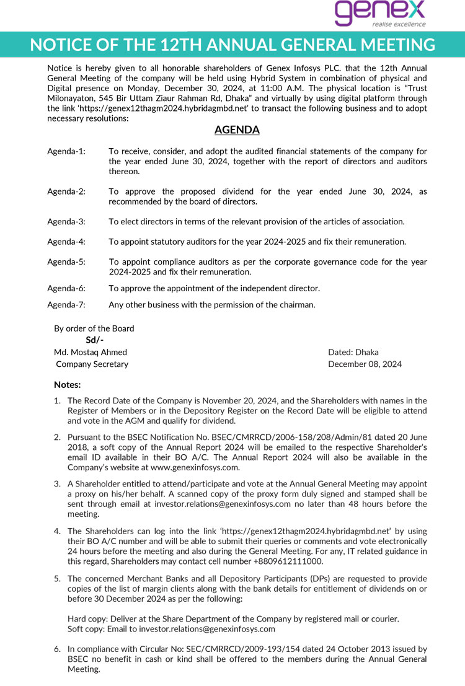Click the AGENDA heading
(237, 130)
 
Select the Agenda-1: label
(66, 152)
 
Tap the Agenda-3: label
(66, 222)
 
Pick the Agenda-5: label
(66, 262)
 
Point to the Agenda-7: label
(66, 305)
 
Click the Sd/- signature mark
(95, 340)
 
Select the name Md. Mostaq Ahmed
(91, 352)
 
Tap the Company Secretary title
(92, 364)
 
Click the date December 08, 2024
(365, 364)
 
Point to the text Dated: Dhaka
(353, 352)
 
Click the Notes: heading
(68, 385)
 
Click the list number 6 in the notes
(56, 649)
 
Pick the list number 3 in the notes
(56, 484)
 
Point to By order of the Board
(94, 328)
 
